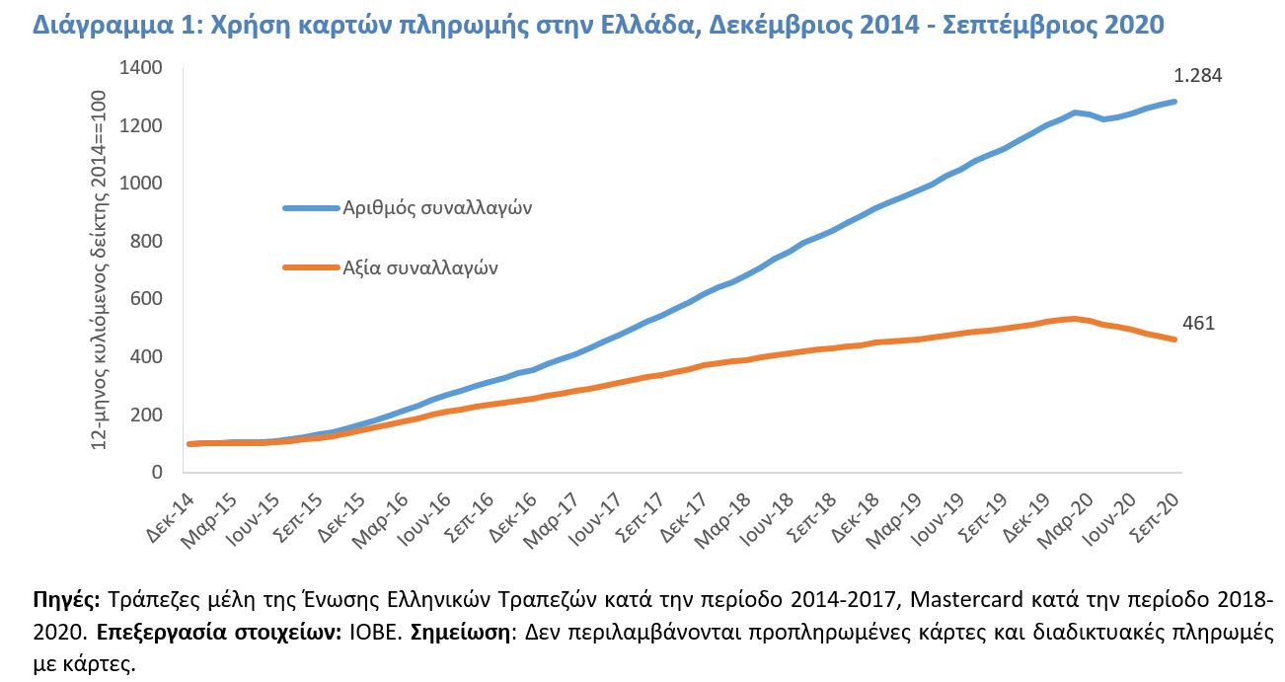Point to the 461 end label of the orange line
click(x=1199, y=323)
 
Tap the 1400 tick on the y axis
click(x=140, y=68)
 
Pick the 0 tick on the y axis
click(x=156, y=473)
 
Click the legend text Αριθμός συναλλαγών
click(x=438, y=208)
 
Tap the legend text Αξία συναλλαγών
click(x=421, y=266)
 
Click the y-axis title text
click(x=98, y=270)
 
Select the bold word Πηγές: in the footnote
click(x=66, y=600)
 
